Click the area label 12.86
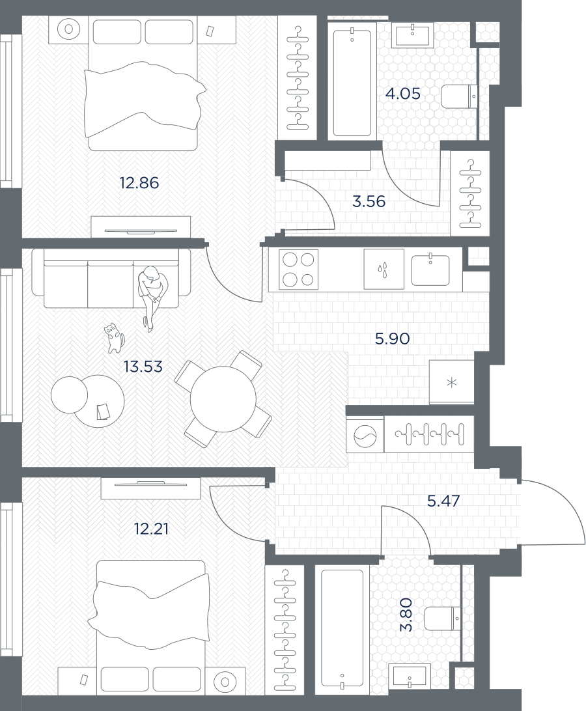[x=139, y=183]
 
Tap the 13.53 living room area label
[x=143, y=367]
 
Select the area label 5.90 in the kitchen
[x=393, y=339]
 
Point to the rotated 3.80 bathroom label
[x=406, y=615]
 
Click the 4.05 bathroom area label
[x=403, y=94]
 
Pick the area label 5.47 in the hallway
[x=443, y=501]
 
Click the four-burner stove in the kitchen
[x=298, y=270]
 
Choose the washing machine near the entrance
[x=365, y=434]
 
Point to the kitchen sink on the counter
[x=430, y=270]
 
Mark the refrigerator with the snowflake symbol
[x=451, y=382]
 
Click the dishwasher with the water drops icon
[x=384, y=270]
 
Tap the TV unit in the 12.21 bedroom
[x=151, y=488]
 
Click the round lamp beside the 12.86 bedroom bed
[x=69, y=29]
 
